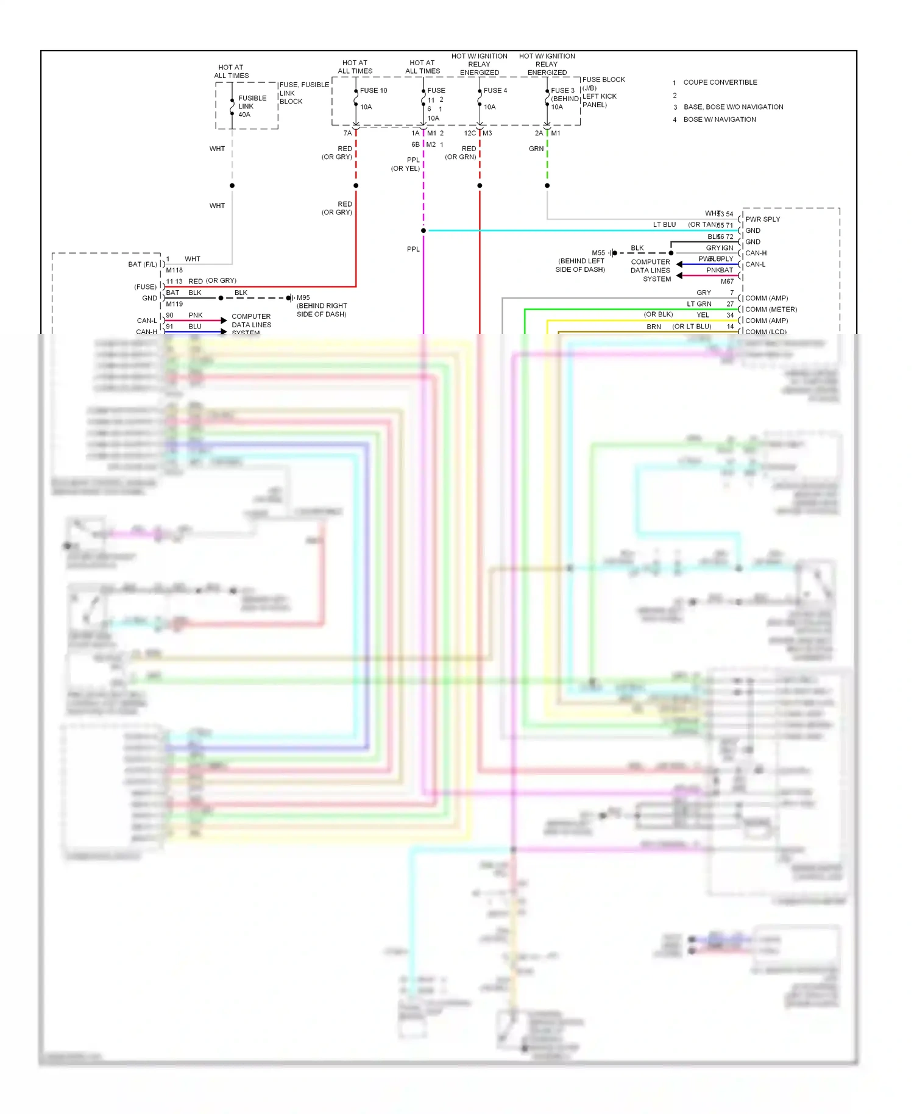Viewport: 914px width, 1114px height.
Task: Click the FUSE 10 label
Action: [x=373, y=91]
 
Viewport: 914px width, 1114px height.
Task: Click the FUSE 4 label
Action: [x=495, y=91]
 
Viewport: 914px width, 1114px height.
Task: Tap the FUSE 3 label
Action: [x=562, y=91]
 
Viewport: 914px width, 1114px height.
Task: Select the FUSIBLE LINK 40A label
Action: [x=252, y=106]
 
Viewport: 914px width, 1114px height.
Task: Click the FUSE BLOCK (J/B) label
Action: [x=603, y=83]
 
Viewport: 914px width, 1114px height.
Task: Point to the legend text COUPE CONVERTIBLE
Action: [x=720, y=82]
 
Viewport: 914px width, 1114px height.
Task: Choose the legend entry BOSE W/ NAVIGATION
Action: [x=719, y=119]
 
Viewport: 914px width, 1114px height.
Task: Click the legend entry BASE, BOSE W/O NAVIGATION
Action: [x=733, y=107]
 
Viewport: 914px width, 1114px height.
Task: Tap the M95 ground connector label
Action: [x=303, y=298]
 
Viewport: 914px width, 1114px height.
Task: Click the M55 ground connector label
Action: [x=598, y=253]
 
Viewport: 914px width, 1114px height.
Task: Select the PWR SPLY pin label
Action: [x=762, y=219]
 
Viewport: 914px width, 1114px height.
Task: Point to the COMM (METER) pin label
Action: [x=771, y=310]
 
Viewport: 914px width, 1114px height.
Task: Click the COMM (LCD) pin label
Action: [x=765, y=332]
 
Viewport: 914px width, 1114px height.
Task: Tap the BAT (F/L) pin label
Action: [x=143, y=264]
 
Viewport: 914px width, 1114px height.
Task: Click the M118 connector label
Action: [x=174, y=270]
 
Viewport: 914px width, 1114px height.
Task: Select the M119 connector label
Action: [x=174, y=304]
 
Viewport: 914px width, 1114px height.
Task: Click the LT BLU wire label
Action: [x=664, y=225]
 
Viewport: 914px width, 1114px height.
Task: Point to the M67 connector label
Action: [x=727, y=282]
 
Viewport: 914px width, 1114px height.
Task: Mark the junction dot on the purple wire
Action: [x=423, y=230]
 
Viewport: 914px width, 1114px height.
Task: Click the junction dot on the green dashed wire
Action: [x=547, y=185]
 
